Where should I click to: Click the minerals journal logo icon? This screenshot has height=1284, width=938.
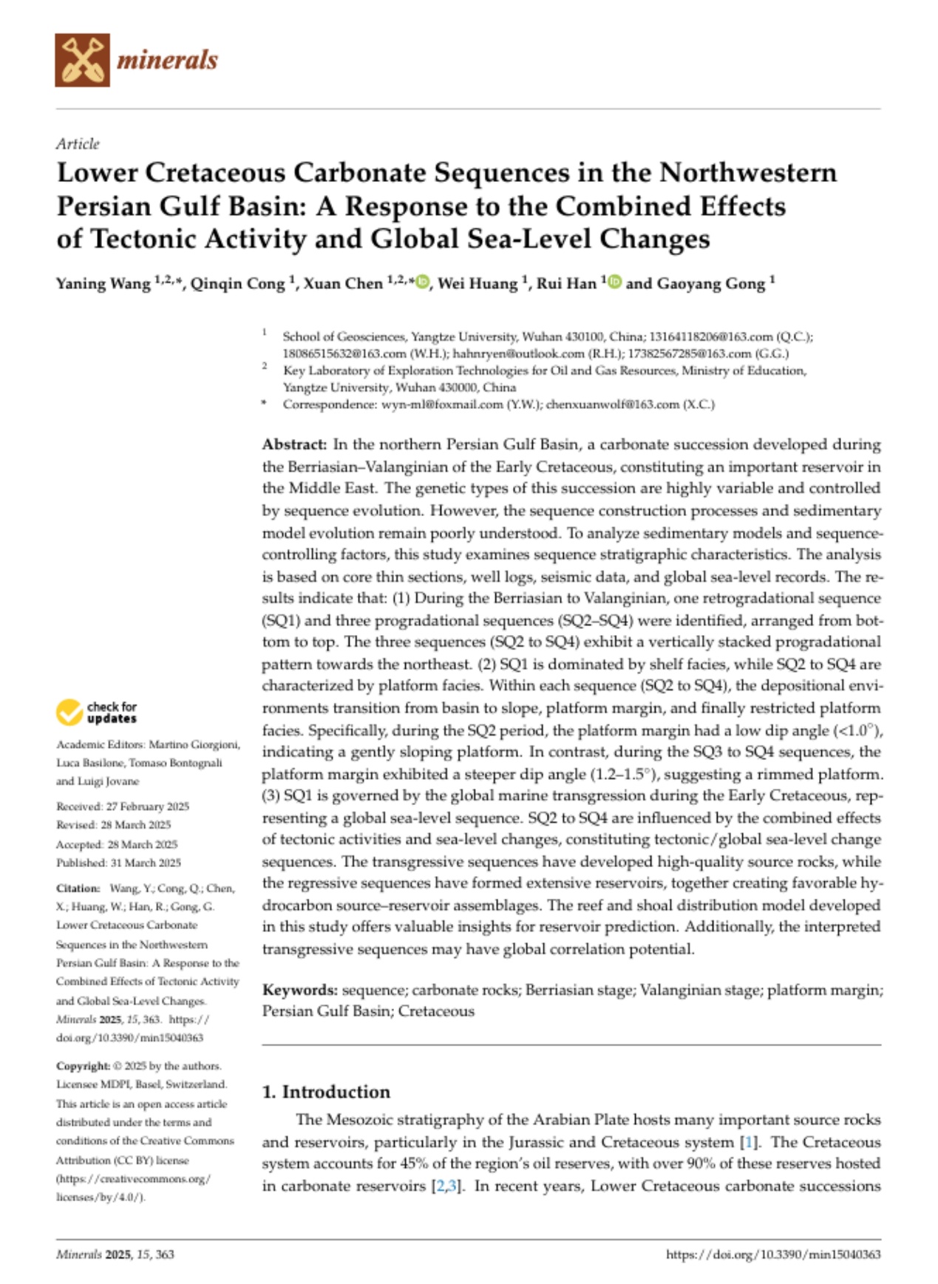(82, 60)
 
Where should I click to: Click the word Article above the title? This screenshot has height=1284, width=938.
(78, 143)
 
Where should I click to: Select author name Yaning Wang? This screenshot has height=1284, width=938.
(103, 284)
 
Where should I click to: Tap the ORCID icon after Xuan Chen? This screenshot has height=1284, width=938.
(422, 282)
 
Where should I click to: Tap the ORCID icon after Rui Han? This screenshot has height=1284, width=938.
(614, 282)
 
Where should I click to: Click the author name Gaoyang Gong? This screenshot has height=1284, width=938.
(712, 284)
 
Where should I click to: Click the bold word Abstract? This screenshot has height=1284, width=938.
(294, 444)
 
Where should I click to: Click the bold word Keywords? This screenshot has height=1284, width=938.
(300, 990)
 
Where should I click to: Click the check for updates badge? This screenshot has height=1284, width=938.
(97, 713)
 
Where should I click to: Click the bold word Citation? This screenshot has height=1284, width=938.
(78, 888)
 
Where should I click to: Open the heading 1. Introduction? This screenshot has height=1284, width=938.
(326, 1092)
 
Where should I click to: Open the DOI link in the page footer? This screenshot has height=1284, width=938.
(773, 1254)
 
